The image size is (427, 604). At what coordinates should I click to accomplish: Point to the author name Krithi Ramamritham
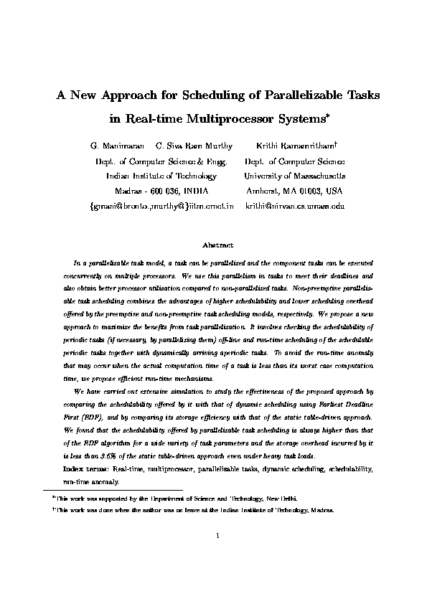(x=293, y=146)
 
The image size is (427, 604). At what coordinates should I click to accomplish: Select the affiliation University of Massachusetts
(x=294, y=176)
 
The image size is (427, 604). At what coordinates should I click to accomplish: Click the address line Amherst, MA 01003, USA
(x=294, y=191)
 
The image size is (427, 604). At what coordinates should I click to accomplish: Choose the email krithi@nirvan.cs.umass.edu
(x=295, y=206)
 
